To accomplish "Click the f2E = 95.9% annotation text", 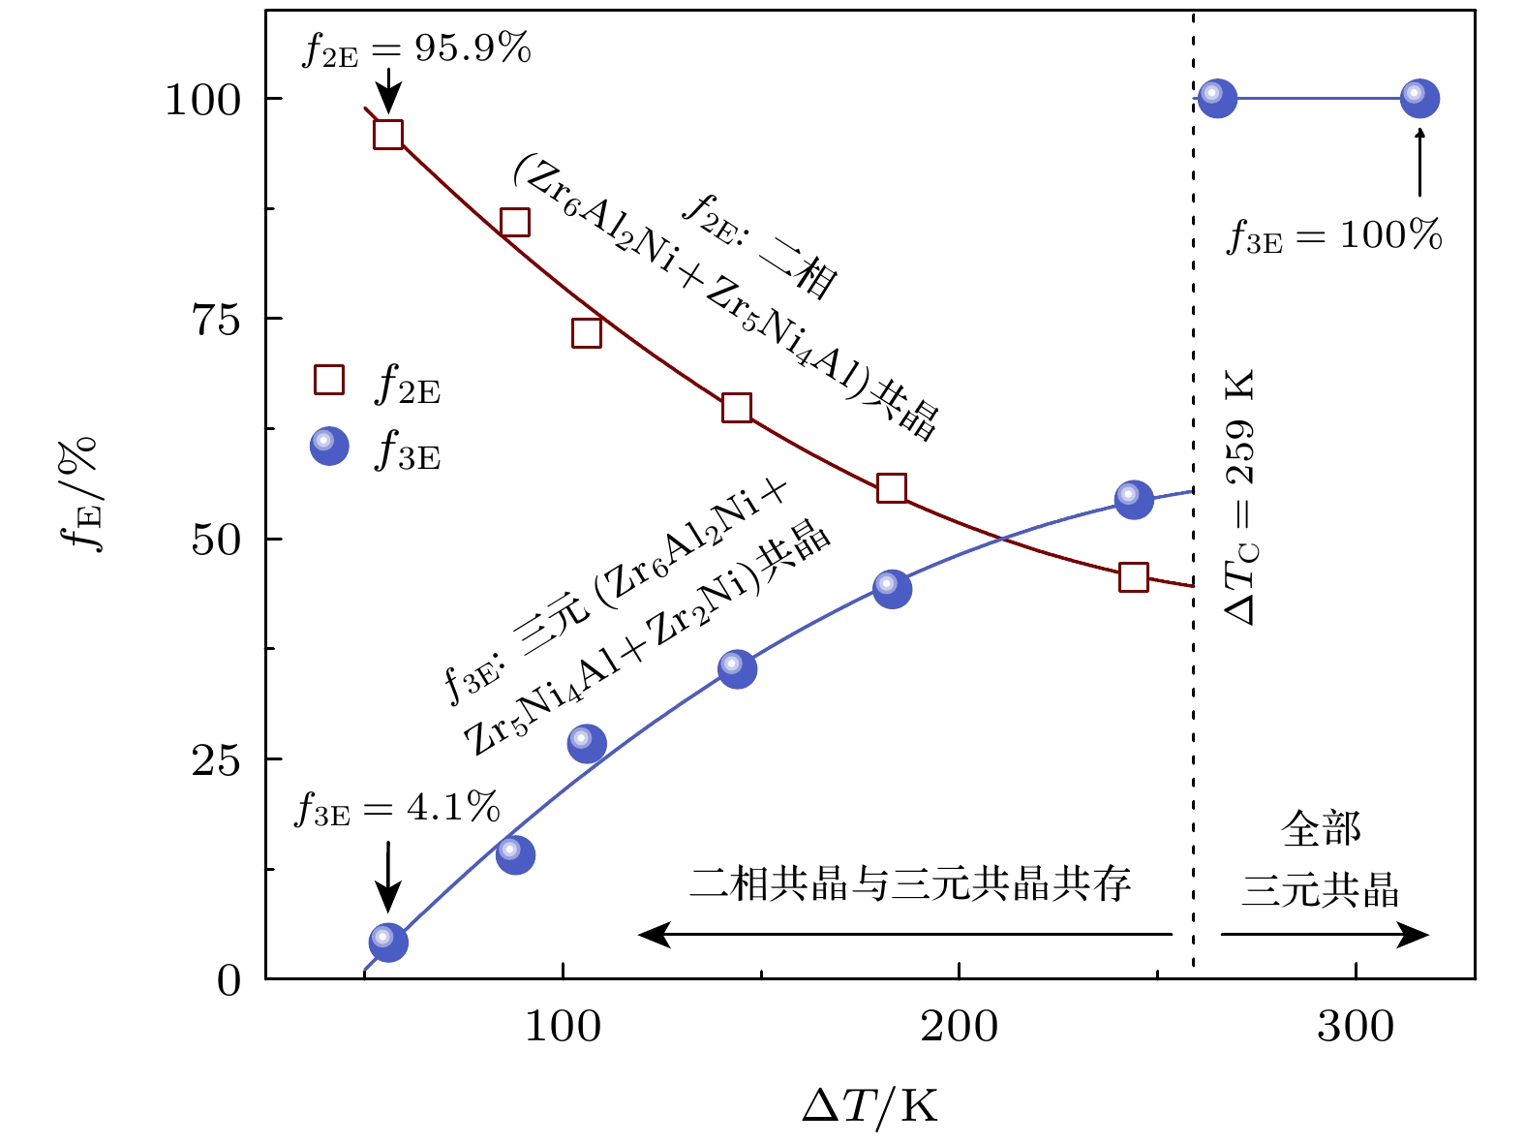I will click(416, 48).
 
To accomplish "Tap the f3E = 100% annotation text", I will click(1334, 235).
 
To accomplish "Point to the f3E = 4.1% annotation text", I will click(397, 808).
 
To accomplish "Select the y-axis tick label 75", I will click(216, 319).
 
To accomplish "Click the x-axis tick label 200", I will click(959, 1027).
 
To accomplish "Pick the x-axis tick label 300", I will click(1356, 1027).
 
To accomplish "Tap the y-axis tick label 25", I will click(216, 759).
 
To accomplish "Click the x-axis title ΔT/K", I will click(870, 1105).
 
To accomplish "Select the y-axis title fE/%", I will click(82, 494).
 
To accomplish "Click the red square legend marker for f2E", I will click(329, 380).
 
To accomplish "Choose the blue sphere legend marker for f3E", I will click(329, 446).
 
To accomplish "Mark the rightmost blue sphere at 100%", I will click(1419, 98).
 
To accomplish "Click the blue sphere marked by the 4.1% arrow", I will click(388, 942).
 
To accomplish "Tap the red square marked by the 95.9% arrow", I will click(388, 134).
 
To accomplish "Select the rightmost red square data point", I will click(1133, 577).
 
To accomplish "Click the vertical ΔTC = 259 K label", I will click(1239, 496).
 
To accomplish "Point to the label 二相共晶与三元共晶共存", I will click(910, 883).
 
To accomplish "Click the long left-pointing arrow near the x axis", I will click(905, 935).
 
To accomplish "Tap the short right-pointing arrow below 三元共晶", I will click(1325, 935).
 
